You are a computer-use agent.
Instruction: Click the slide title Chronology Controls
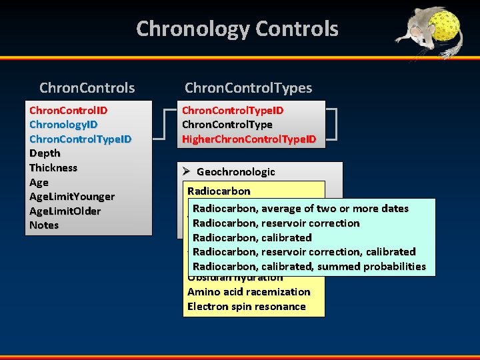(237, 29)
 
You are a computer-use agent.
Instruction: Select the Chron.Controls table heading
(87, 88)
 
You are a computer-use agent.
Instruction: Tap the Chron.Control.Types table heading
(248, 88)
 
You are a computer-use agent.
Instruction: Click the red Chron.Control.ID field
(69, 110)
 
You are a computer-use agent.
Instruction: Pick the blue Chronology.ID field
(63, 125)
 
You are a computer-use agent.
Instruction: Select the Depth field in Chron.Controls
(45, 153)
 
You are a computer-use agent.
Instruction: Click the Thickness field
(53, 168)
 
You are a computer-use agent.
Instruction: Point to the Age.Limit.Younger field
(71, 197)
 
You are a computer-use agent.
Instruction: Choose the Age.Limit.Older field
(65, 211)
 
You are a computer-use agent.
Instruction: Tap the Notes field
(44, 225)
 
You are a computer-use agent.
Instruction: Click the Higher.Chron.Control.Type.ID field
(249, 139)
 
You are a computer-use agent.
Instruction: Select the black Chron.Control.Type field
(227, 125)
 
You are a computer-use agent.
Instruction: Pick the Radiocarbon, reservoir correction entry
(276, 223)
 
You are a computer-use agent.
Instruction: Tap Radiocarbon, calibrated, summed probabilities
(309, 267)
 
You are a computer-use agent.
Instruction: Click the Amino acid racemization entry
(249, 292)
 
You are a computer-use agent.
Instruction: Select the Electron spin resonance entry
(246, 307)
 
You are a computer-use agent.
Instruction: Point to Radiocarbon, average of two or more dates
(300, 209)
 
